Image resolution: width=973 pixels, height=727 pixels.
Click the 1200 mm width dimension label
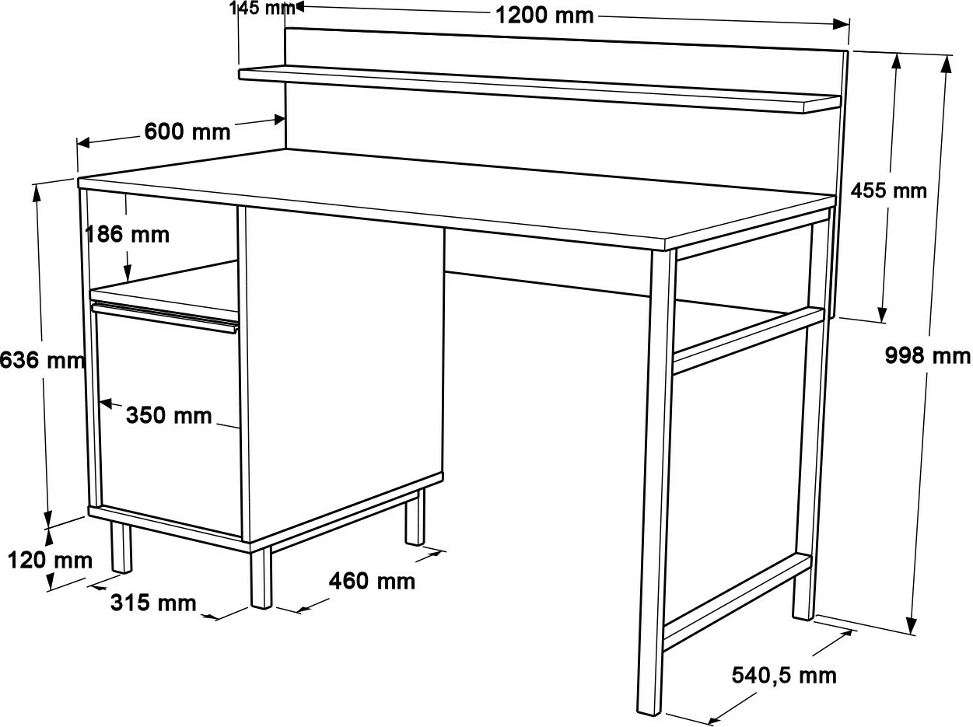544,16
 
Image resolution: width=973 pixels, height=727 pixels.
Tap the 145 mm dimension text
262,8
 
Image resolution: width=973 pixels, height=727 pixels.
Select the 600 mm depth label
187,131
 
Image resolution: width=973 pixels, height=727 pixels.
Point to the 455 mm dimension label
888,191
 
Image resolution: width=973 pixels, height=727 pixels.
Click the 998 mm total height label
928,356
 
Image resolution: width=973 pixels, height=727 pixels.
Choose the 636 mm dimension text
42,360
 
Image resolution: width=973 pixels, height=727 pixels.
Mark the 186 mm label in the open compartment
128,234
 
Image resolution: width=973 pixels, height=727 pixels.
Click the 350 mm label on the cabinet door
169,415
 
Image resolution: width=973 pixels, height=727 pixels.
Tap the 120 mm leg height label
50,561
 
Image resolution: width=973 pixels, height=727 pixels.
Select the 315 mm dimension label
153,603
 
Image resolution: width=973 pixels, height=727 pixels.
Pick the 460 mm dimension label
372,581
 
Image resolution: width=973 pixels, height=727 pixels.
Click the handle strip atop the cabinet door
165,316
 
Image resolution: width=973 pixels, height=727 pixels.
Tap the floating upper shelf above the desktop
539,89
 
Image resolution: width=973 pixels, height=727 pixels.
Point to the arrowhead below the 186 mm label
128,273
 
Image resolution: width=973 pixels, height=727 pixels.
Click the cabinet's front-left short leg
121,548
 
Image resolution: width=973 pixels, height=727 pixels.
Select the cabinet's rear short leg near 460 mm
415,517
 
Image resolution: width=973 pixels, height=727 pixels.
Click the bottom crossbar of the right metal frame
737,600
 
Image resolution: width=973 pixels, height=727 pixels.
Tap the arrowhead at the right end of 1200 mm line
841,24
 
